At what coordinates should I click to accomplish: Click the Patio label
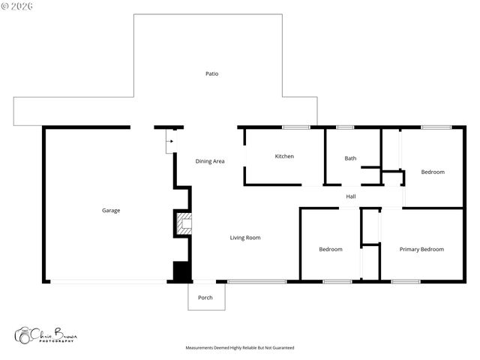click(x=212, y=73)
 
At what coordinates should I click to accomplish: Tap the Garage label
click(x=111, y=210)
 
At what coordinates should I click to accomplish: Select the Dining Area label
click(x=210, y=161)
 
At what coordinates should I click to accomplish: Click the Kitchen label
click(x=284, y=156)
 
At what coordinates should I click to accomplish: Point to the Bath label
click(x=350, y=158)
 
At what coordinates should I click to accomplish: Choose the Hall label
click(x=350, y=196)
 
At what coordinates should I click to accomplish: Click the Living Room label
click(x=245, y=238)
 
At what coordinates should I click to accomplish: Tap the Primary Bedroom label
click(x=421, y=249)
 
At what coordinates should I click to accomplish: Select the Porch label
click(x=205, y=298)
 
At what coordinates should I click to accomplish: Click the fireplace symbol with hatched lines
click(x=183, y=223)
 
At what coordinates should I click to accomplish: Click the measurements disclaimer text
click(x=240, y=348)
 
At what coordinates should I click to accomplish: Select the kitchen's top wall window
click(x=295, y=127)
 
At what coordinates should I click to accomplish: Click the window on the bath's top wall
click(x=345, y=127)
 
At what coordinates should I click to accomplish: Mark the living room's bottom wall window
click(x=256, y=282)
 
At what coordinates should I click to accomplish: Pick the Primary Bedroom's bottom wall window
click(x=405, y=282)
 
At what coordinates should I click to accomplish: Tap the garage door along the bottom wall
click(x=109, y=282)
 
